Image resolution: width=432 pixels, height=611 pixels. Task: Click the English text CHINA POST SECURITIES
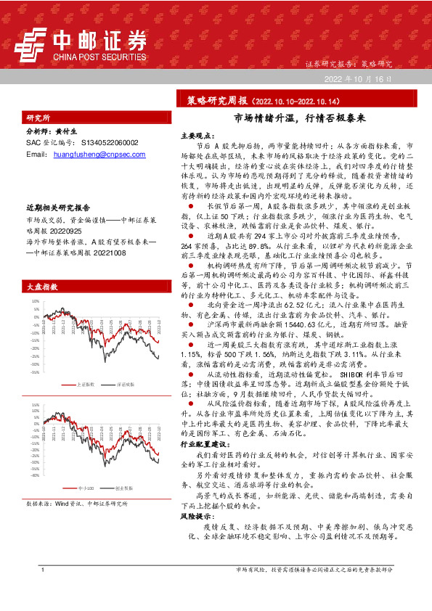97,54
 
